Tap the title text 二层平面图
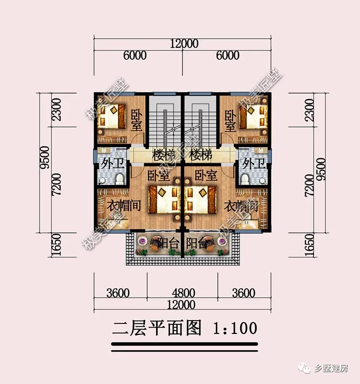point(155,329)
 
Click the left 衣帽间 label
point(123,206)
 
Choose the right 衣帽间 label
point(241,206)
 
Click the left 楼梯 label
point(163,155)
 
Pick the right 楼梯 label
point(201,155)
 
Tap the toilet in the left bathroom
point(119,178)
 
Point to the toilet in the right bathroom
point(245,178)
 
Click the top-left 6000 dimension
point(135,55)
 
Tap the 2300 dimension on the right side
point(310,110)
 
